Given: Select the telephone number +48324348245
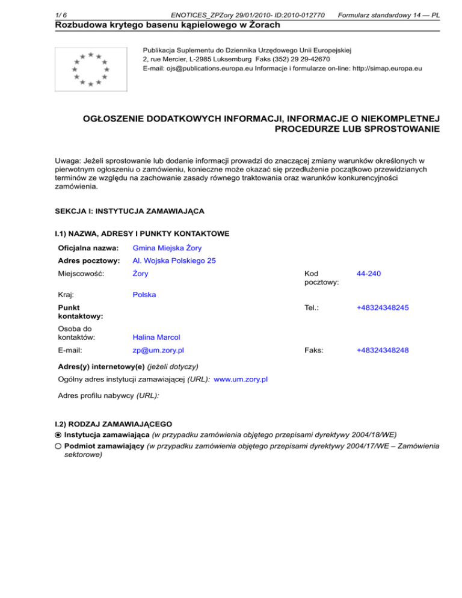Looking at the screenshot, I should [383, 307].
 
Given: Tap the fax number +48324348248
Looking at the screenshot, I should [383, 350].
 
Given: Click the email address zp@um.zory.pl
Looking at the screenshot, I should [158, 350].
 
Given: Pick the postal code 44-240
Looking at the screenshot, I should [368, 274].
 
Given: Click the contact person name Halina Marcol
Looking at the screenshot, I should [156, 338].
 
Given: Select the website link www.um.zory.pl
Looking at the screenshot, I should [241, 380].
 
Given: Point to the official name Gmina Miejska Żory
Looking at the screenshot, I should [167, 248].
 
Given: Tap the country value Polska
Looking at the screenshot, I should [144, 295].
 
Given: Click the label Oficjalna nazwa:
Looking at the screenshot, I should [86, 248].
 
